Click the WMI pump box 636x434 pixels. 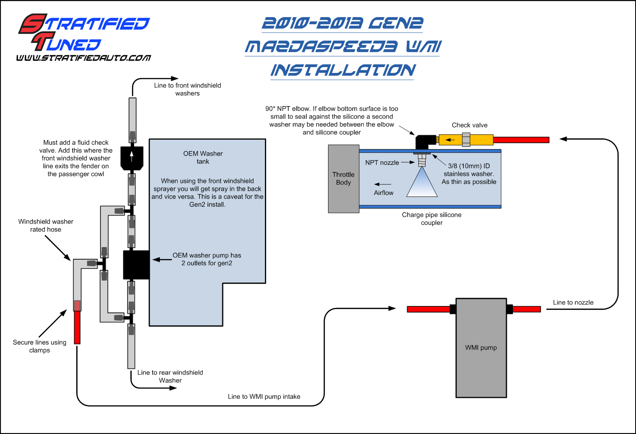click(x=481, y=348)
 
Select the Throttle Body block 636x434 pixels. click(x=344, y=179)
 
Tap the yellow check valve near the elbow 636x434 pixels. click(x=466, y=140)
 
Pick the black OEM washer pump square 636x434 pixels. click(x=136, y=265)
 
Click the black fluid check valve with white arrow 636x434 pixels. click(x=132, y=157)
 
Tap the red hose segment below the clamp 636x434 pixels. click(x=77, y=328)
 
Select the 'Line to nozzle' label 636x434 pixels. click(x=573, y=303)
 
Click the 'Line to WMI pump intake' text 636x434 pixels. click(x=264, y=397)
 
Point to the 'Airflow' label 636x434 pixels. click(x=383, y=193)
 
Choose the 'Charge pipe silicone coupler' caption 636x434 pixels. click(x=431, y=219)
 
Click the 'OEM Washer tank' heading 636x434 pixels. click(x=203, y=158)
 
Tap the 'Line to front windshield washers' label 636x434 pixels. click(x=187, y=89)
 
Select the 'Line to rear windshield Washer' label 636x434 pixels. click(x=170, y=376)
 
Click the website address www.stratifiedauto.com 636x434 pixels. click(x=84, y=58)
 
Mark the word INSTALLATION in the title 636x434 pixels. click(x=343, y=70)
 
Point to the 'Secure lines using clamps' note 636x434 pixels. click(x=39, y=346)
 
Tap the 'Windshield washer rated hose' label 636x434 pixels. click(x=46, y=226)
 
